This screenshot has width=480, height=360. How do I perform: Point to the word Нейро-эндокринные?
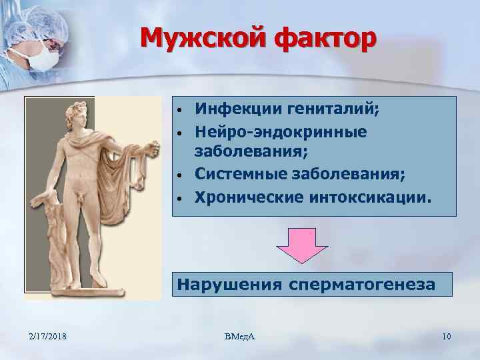(281, 131)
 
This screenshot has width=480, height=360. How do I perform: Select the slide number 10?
(446, 336)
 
